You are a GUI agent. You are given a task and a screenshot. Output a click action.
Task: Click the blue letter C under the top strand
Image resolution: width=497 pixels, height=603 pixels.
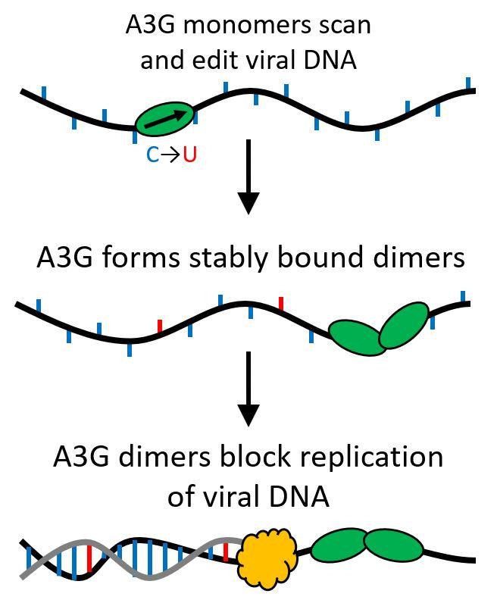[x=152, y=156]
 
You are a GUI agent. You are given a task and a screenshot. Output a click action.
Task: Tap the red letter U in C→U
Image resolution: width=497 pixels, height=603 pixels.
[x=189, y=156]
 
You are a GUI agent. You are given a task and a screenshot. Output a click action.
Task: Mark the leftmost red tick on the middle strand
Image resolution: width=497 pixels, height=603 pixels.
[x=159, y=326]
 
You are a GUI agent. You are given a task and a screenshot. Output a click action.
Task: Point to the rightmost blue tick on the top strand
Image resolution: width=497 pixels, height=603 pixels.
[x=468, y=83]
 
